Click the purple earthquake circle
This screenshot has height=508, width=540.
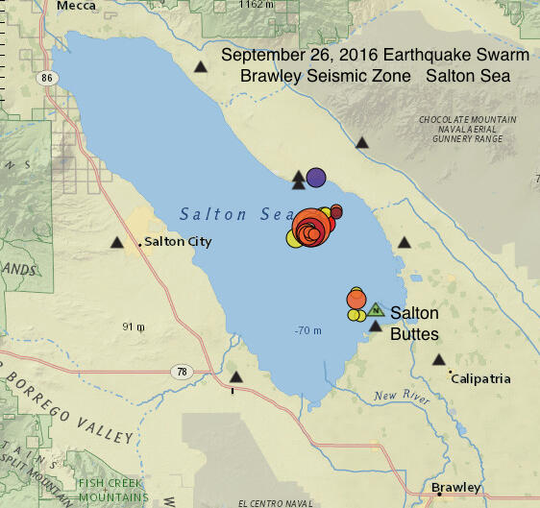coord(315,178)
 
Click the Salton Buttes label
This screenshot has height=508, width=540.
coord(414,324)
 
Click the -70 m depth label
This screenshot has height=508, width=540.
coord(307,331)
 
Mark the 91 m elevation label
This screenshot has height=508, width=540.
coord(134,327)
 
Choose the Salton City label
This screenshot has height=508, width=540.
coord(178,242)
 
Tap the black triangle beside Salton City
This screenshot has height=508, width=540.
coord(117,243)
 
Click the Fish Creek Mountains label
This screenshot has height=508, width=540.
coord(113,490)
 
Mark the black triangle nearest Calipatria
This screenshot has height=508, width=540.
coord(439,360)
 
